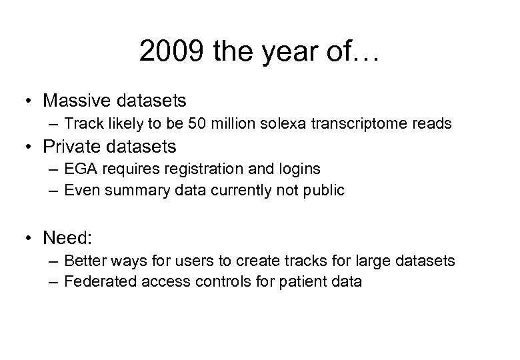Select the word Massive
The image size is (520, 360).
(76, 101)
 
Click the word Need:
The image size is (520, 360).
(66, 237)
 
